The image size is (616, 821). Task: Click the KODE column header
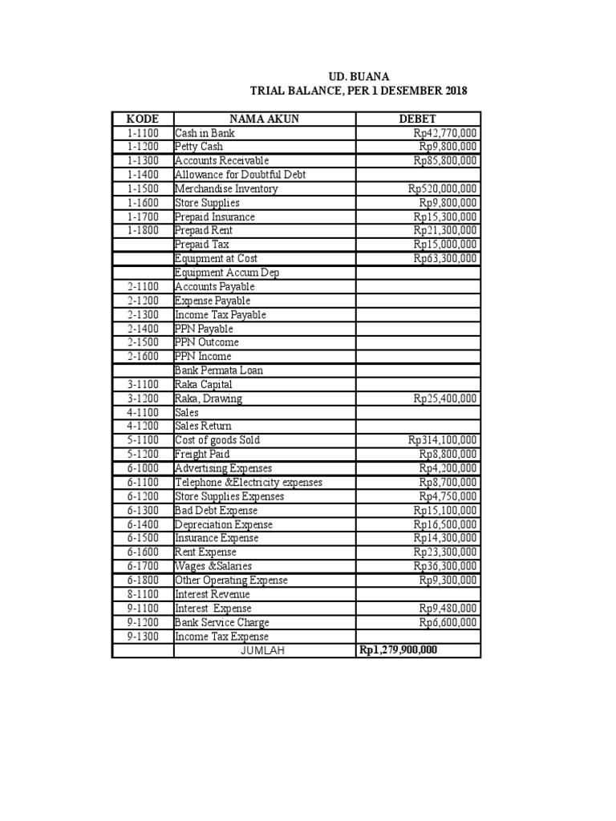click(143, 119)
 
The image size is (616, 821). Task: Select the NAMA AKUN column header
click(264, 119)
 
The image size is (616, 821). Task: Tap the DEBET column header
click(417, 119)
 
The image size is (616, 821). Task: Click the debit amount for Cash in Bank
click(445, 133)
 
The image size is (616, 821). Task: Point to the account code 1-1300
click(143, 160)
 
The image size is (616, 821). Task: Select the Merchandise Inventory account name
click(226, 188)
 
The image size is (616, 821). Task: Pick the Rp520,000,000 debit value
click(442, 188)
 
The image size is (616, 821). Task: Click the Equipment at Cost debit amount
click(445, 258)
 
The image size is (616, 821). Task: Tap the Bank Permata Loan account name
click(218, 370)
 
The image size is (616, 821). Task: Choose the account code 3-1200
click(143, 398)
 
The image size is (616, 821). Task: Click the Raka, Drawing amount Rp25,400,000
click(445, 398)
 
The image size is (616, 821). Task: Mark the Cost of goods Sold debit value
click(442, 440)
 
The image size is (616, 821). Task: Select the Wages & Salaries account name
click(213, 566)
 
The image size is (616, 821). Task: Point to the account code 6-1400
click(143, 524)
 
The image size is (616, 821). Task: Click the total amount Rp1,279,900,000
click(398, 650)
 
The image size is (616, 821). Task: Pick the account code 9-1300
click(143, 636)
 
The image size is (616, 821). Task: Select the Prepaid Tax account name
click(201, 245)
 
